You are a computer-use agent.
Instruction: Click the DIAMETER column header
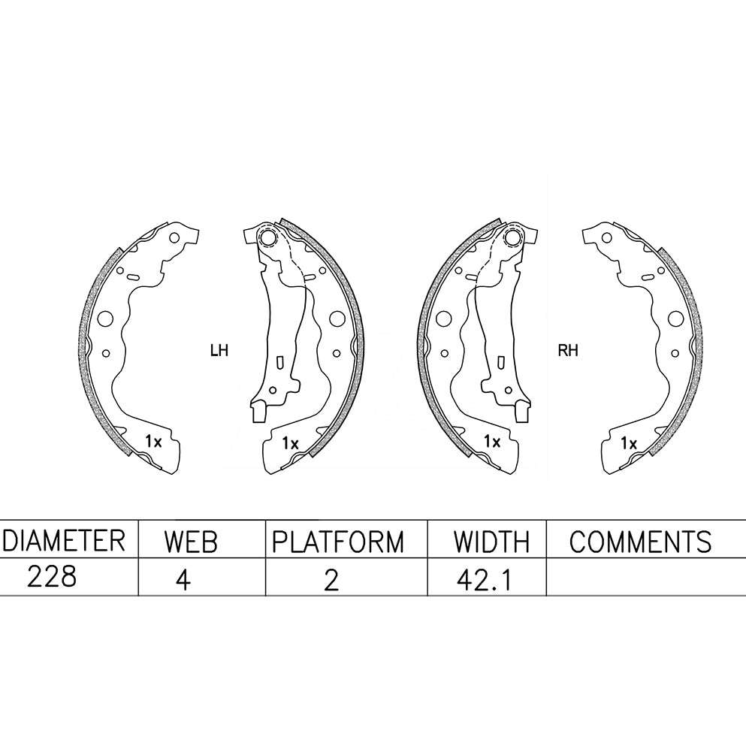click(63, 541)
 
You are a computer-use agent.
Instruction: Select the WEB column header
click(190, 542)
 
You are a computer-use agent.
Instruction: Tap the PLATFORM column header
click(338, 542)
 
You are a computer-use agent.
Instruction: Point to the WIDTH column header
click(491, 542)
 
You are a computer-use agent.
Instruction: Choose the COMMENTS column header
click(640, 542)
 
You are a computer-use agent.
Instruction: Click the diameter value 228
click(51, 577)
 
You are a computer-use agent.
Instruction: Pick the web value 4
click(183, 579)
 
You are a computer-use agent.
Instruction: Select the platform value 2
click(331, 579)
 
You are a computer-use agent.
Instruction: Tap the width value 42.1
click(484, 579)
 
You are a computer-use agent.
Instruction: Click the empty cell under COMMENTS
click(646, 576)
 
